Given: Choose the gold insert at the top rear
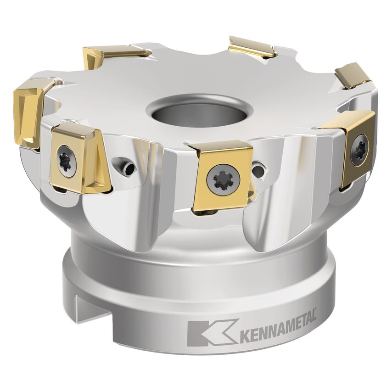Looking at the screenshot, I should [x=252, y=47].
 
